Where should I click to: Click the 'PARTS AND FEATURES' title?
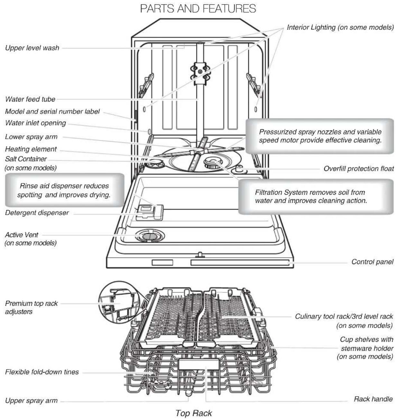coord(198,9)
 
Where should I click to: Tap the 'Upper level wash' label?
coord(32,48)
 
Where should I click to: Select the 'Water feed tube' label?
coord(30,99)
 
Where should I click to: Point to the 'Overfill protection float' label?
coord(358,169)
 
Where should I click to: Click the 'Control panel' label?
coord(372,262)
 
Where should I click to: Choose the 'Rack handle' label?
coord(373,399)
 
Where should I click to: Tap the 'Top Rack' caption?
coord(194,413)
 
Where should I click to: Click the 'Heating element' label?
coord(31,149)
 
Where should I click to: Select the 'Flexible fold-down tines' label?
coord(42,372)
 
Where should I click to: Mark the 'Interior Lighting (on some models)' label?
coord(340,27)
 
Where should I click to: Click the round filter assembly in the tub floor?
coord(214,161)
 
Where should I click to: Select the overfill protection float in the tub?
coord(240,168)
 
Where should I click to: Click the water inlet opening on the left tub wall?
coord(149,132)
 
